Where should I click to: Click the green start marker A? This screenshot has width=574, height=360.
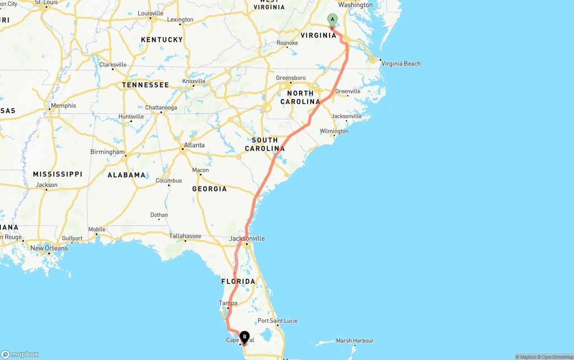[x=332, y=19]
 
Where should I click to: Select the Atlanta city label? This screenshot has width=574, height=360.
[x=194, y=145]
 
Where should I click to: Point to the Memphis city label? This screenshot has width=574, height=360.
[x=63, y=106]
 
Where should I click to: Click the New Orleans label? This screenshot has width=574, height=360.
[x=49, y=248]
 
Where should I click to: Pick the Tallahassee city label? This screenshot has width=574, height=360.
[x=185, y=236]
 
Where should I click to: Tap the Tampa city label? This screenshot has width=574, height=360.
[x=228, y=303]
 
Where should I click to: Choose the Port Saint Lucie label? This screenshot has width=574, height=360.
[x=278, y=321]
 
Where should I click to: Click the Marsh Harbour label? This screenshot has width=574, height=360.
[x=355, y=341]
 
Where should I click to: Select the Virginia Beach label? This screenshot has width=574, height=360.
[x=401, y=64]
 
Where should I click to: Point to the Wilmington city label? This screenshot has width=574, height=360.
[x=334, y=131]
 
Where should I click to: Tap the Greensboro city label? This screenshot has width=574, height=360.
[x=291, y=78]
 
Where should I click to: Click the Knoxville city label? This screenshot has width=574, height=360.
[x=194, y=81]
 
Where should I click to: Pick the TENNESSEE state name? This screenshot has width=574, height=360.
[x=145, y=85]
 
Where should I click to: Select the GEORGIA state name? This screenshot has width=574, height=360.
[x=209, y=189]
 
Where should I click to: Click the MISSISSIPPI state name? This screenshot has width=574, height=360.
[x=57, y=174]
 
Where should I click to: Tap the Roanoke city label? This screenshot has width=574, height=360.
[x=287, y=43]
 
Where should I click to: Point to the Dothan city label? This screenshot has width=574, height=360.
[x=159, y=215]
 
